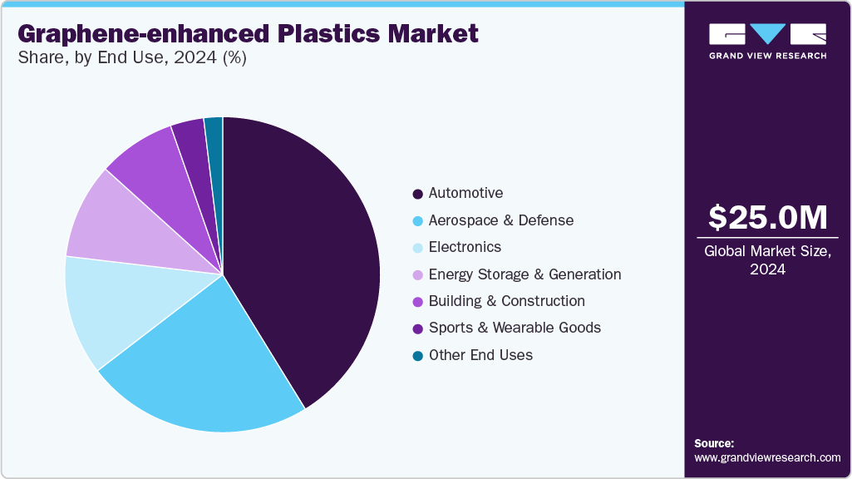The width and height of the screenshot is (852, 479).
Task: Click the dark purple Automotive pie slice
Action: pos(308,249)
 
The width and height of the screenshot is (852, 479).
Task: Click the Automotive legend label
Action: pos(465,194)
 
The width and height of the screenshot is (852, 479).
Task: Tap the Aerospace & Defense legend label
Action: pos(500,220)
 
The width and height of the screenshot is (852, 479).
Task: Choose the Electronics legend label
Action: pos(465,247)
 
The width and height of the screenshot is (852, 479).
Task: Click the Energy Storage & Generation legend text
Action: pos(524,274)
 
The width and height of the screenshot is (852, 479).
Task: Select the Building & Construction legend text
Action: pos(506,301)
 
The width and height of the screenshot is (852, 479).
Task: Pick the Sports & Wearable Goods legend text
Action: pos(515,328)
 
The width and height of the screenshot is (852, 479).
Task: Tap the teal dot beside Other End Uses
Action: pos(417,356)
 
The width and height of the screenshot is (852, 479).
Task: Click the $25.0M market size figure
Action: pos(767,218)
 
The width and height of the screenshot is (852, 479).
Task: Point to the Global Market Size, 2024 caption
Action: pos(767,259)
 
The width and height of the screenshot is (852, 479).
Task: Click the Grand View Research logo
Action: pos(767,41)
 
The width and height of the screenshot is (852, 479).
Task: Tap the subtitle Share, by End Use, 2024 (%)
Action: pos(131,58)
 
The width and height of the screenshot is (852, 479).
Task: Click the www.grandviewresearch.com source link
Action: pos(767,457)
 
